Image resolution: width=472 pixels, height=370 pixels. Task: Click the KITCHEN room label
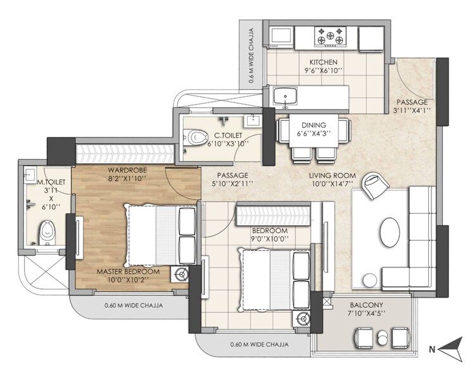[x=322, y=62]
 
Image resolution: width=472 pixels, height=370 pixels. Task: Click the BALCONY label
[x=366, y=305]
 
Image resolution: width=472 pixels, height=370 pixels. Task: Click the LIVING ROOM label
[x=332, y=175]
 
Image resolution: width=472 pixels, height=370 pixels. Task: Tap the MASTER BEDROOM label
[x=128, y=271]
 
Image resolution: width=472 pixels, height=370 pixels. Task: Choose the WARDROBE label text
[x=127, y=170]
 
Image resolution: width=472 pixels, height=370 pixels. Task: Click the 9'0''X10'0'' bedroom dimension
[x=270, y=239]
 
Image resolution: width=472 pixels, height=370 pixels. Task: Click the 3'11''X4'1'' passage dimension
[x=412, y=110]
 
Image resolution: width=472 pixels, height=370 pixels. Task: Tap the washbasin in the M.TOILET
[x=30, y=175]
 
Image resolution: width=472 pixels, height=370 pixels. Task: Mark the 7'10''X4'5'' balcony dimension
[x=366, y=314]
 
